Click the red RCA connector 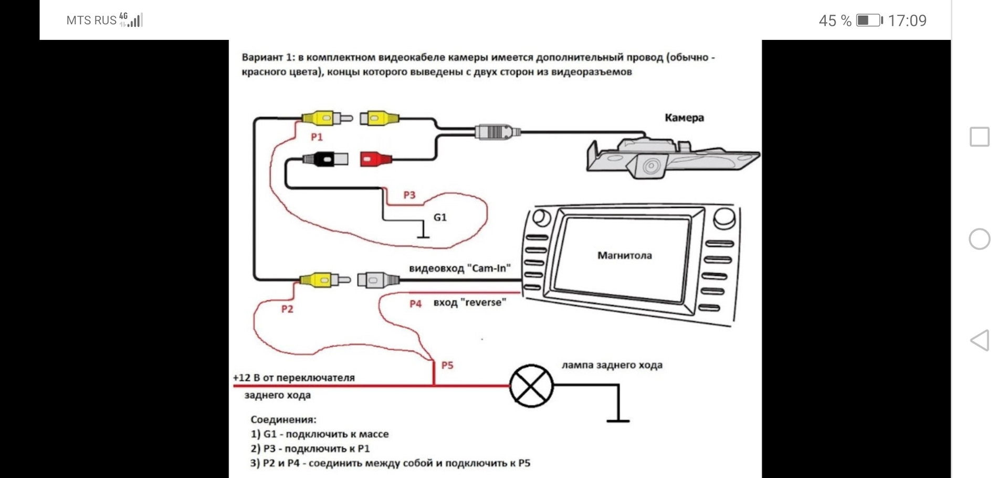375,159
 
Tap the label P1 317,137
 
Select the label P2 287,309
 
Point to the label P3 409,195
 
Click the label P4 415,304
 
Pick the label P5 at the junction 447,365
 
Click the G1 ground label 440,217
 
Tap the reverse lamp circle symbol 531,386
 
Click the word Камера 684,118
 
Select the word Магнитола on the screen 624,255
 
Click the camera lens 651,167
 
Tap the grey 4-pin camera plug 497,131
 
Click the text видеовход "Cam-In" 459,268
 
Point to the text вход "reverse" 469,303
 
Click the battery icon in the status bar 869,20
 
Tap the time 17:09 907,20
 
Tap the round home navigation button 979,239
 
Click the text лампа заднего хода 612,365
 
